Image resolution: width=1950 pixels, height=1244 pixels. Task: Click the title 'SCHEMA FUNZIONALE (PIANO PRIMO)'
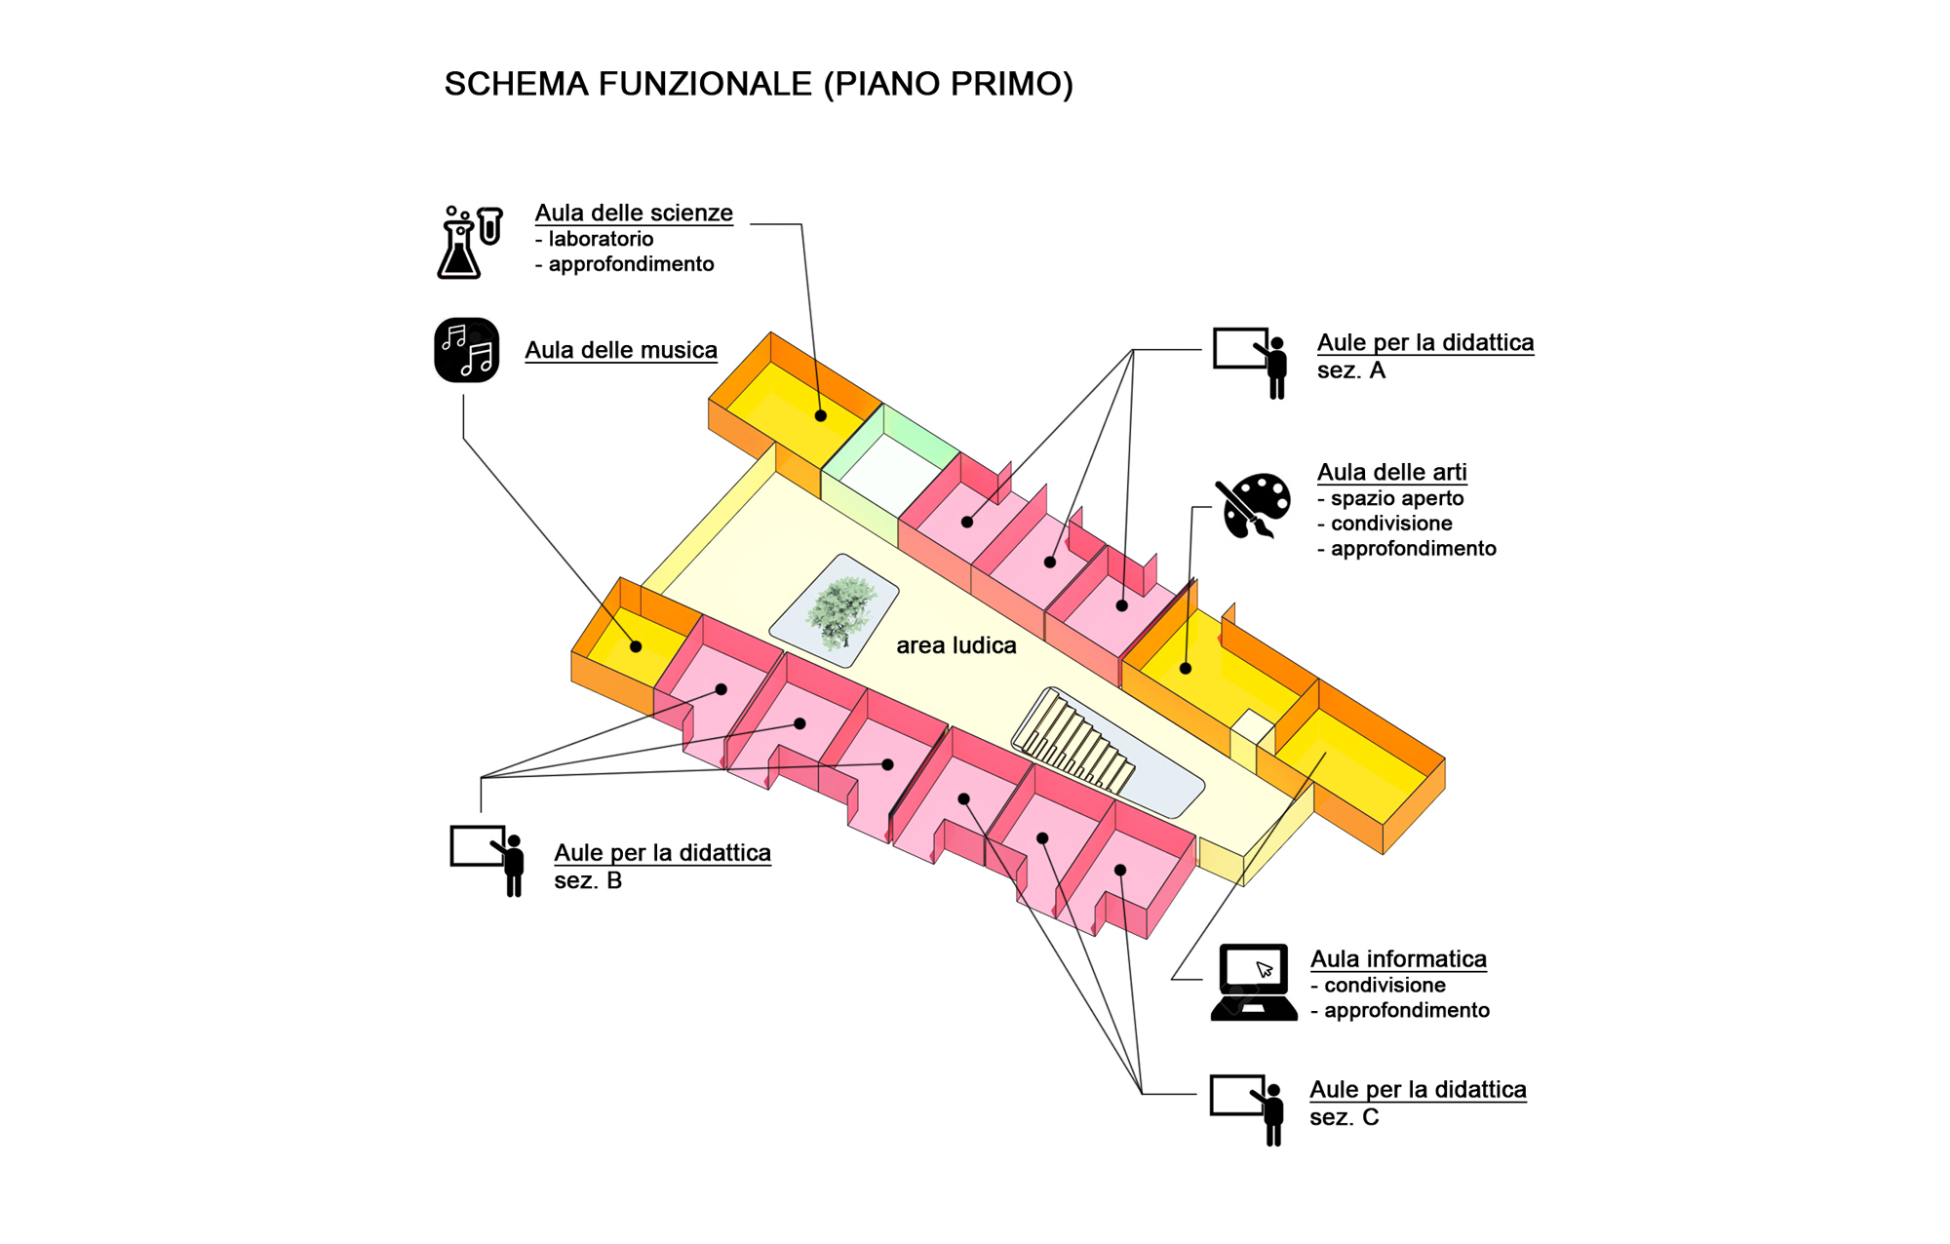click(759, 85)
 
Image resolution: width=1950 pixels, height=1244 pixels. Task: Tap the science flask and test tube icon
click(469, 242)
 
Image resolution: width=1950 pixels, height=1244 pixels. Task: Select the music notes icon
click(467, 350)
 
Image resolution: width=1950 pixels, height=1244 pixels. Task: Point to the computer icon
click(1254, 982)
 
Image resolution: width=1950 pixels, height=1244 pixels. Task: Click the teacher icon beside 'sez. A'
click(1251, 363)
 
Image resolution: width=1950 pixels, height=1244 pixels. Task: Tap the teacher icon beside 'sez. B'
click(487, 861)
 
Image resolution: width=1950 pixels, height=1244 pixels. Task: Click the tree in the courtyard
click(840, 611)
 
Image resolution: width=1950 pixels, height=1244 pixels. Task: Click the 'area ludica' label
click(956, 645)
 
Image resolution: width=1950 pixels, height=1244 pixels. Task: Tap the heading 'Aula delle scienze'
click(634, 214)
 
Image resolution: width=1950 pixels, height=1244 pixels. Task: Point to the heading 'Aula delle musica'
click(621, 351)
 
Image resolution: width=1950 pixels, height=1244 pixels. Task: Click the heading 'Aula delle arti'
click(1392, 473)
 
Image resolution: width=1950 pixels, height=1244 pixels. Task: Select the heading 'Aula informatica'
click(1399, 959)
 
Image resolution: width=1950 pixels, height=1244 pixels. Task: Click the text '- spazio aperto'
click(1391, 498)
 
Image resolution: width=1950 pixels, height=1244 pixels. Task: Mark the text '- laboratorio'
click(595, 239)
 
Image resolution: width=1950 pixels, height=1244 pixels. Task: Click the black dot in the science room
click(821, 416)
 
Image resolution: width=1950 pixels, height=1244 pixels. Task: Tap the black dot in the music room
click(636, 646)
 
